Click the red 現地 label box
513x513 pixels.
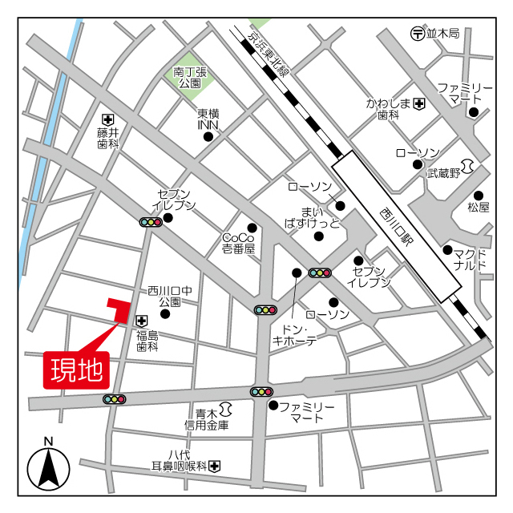pyautogui.click(x=77, y=370)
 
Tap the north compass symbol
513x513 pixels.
pyautogui.click(x=49, y=468)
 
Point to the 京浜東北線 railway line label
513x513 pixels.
pyautogui.click(x=268, y=55)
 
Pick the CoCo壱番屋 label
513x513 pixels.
pyautogui.click(x=238, y=244)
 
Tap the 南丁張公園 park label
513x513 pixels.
pyautogui.click(x=190, y=77)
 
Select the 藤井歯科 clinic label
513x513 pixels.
pyautogui.click(x=108, y=137)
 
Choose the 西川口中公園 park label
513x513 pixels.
pyautogui.click(x=170, y=297)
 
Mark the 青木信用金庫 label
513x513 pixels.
pyautogui.click(x=207, y=419)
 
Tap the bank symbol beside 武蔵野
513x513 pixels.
pyautogui.click(x=471, y=166)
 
